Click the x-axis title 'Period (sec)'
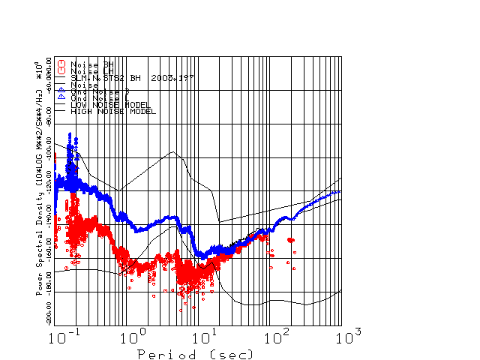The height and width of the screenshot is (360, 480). pos(194,353)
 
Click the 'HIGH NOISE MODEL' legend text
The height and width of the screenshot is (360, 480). pos(112,111)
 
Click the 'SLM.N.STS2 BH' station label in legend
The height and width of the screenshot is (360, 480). pos(106,77)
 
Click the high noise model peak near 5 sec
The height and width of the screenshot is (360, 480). pos(174,152)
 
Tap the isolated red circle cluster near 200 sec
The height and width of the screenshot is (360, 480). pos(291,240)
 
